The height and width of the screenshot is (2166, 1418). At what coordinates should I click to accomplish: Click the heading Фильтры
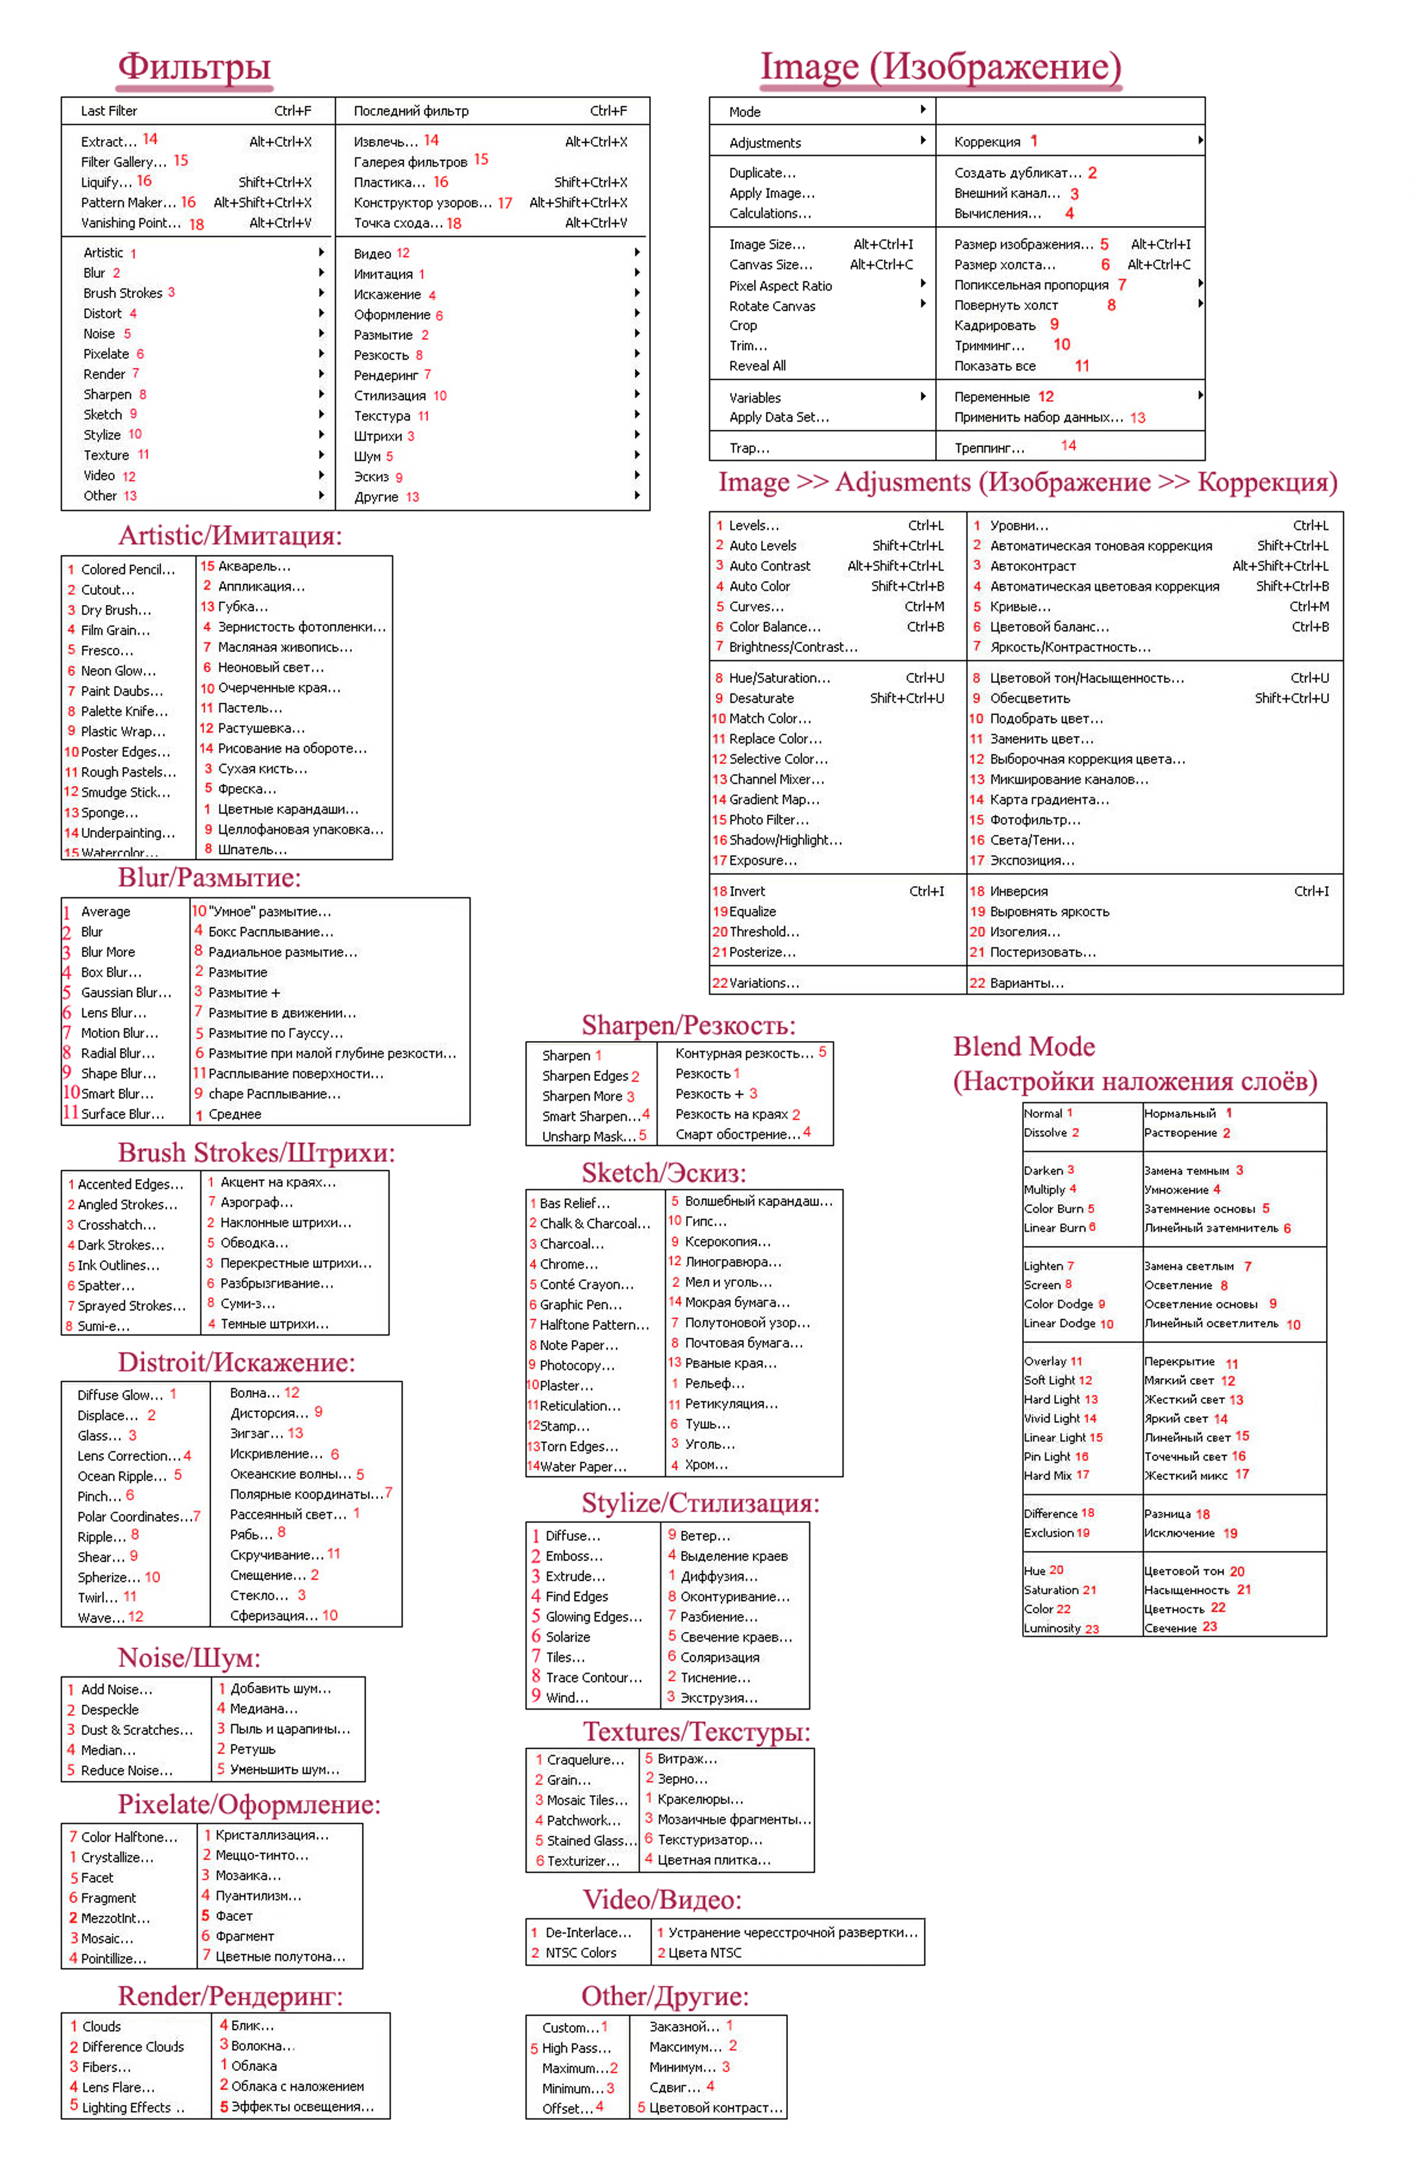194,67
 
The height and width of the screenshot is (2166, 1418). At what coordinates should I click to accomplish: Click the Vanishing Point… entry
130,223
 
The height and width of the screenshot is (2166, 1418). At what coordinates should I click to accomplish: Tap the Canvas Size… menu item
770,265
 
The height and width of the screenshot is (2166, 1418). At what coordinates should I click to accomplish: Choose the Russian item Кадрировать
995,326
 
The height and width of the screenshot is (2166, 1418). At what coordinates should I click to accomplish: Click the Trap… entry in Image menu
749,448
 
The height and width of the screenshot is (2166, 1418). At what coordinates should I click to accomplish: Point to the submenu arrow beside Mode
923,110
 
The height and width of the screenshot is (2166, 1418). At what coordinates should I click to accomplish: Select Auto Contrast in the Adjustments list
769,566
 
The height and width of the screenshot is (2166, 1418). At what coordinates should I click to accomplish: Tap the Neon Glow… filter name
119,671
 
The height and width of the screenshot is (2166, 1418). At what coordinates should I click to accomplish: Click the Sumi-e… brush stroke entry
104,1326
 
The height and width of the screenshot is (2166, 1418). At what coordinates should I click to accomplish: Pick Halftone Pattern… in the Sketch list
594,1325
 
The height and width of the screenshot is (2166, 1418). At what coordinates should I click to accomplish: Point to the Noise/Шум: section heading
188,1657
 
